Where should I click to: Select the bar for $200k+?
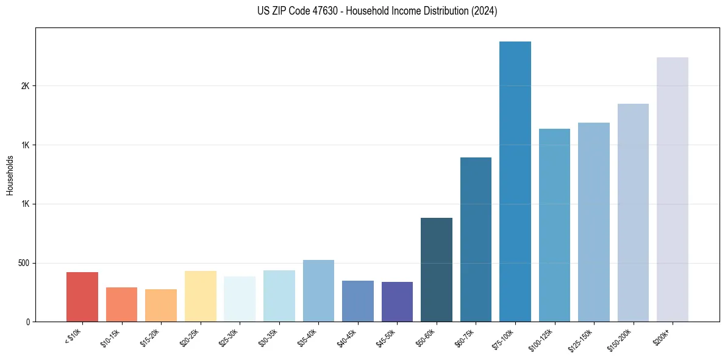tap(673, 189)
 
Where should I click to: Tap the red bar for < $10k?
tap(82, 297)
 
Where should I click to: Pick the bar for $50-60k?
tap(437, 270)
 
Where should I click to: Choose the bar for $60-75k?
tap(476, 239)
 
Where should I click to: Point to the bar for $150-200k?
tap(633, 212)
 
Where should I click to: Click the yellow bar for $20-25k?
tap(201, 296)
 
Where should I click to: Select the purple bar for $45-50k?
tap(397, 301)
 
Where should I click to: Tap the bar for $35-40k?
tap(318, 290)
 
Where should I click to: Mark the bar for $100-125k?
tap(554, 225)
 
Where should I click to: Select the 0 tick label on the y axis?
tap(27, 322)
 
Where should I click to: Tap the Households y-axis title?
tap(10, 175)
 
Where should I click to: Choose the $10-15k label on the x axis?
tap(110, 337)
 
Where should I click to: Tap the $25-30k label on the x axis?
tap(228, 337)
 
